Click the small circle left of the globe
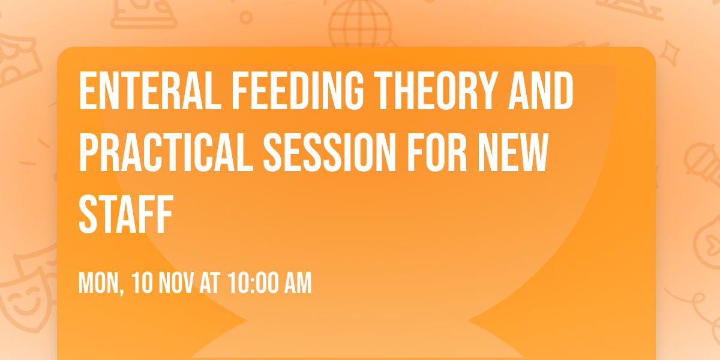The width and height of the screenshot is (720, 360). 245,17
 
